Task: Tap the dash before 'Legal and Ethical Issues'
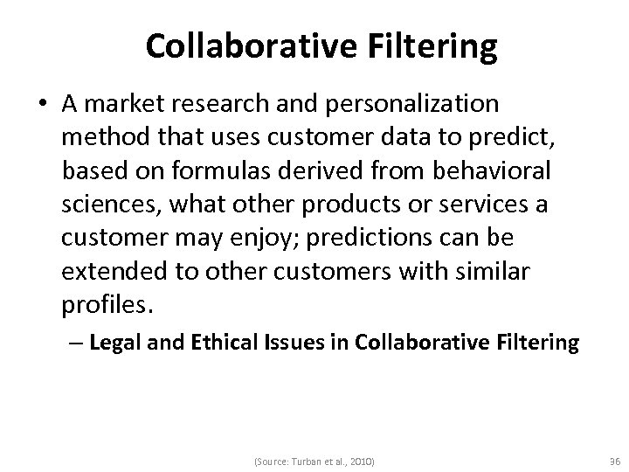(x=77, y=343)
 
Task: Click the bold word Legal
(x=110, y=343)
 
